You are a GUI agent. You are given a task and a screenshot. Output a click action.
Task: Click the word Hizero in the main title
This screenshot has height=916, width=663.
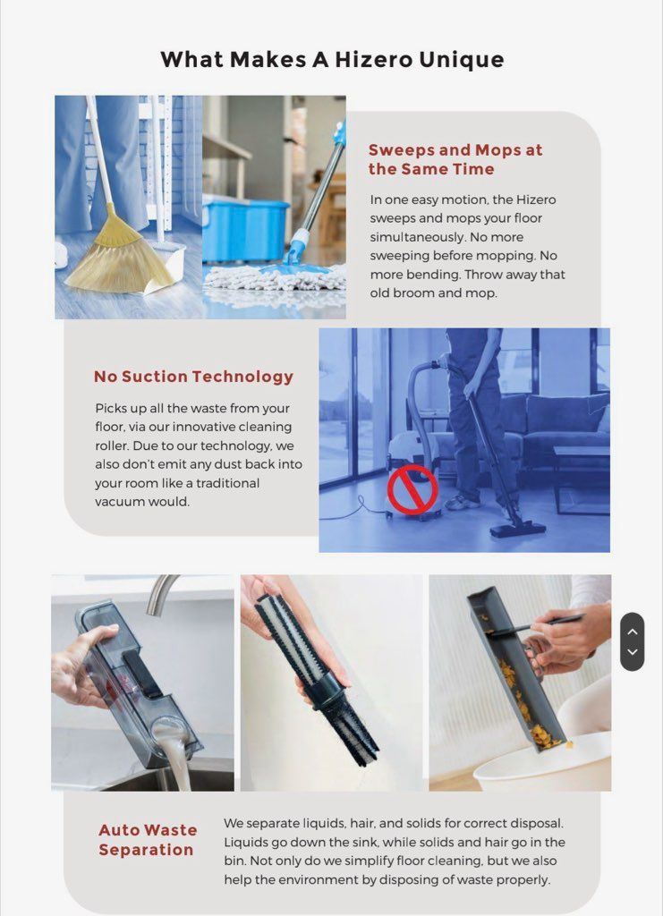(374, 60)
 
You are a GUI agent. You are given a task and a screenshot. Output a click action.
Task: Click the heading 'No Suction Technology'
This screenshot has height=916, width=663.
(193, 377)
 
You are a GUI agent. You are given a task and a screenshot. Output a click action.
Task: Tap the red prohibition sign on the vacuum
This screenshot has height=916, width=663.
(412, 490)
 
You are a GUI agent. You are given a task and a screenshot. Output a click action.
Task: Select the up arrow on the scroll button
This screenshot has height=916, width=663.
(632, 632)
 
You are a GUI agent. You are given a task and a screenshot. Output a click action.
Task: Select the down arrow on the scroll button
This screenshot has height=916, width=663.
(632, 652)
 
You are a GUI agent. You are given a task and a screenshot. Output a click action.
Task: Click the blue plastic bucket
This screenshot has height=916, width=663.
(245, 230)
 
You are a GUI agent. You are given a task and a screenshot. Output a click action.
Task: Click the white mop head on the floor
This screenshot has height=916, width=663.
(275, 277)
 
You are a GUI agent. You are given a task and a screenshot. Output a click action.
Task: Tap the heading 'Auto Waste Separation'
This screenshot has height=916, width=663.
(148, 839)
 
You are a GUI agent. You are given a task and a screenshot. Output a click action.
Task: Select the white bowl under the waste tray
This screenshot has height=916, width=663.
(543, 766)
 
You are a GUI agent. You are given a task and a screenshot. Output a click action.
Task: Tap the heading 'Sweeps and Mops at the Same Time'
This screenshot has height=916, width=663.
(455, 159)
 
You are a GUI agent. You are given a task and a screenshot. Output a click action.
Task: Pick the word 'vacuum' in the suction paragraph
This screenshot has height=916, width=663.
(119, 502)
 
